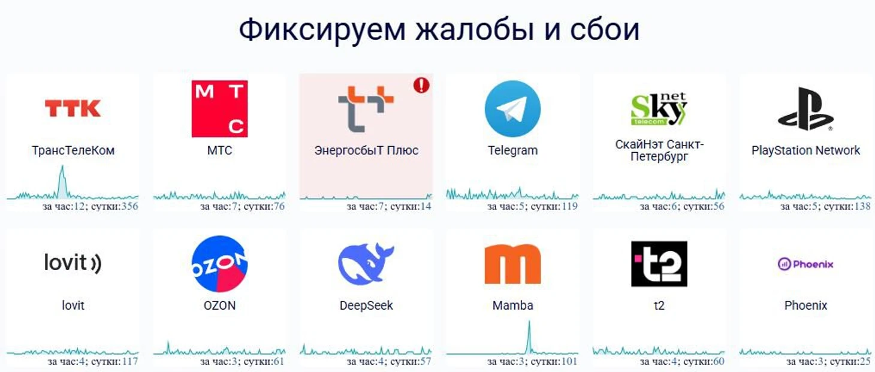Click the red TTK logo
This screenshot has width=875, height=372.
point(73,108)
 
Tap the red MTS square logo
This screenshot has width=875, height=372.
point(219,108)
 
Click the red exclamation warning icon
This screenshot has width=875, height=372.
point(421,85)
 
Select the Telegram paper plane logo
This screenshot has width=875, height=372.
point(512,108)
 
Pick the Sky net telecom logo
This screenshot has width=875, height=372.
point(659,108)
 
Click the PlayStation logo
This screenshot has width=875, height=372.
point(805,108)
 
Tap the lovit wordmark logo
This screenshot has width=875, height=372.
point(73,262)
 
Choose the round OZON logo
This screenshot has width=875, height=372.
point(219,264)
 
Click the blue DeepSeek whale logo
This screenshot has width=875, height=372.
point(366,264)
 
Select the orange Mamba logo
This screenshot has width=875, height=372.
point(512,264)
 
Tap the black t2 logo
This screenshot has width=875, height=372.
point(659,264)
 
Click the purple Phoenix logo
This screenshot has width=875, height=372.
point(805,264)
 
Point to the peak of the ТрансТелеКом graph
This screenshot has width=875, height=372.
point(62,166)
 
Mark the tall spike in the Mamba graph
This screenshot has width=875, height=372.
point(529,322)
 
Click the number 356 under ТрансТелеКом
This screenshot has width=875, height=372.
point(129,206)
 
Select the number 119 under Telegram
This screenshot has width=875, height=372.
point(569,206)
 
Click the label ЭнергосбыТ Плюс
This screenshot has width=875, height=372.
point(366,150)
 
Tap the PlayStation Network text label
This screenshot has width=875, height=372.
point(805,150)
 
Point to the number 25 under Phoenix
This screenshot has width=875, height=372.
point(865,361)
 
